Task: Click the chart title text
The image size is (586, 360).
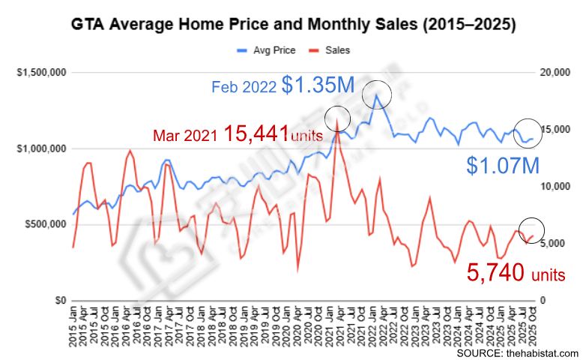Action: [292, 25]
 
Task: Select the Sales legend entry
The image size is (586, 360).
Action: [337, 50]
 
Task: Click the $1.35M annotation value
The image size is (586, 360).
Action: [318, 85]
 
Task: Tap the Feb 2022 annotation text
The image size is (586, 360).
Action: [244, 88]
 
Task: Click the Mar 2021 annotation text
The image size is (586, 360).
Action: [184, 136]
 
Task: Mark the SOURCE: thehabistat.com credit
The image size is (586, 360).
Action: [517, 352]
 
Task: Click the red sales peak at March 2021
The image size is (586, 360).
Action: [338, 121]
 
